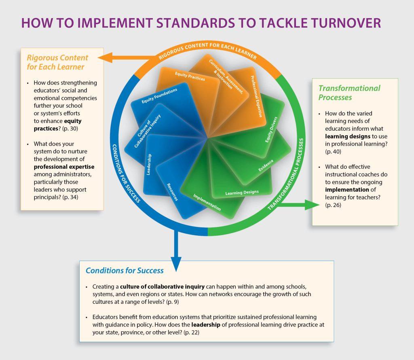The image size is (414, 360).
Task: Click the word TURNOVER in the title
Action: point(346,23)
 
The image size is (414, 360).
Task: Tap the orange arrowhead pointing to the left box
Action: point(105,57)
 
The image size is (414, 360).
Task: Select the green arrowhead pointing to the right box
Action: point(312,205)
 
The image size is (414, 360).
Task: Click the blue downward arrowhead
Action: point(176,264)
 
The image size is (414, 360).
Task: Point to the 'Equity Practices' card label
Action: point(190,76)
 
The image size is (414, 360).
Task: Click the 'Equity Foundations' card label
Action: point(159,96)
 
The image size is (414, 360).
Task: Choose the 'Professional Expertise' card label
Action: point(256,96)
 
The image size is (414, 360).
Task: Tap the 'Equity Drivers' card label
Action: point(271,129)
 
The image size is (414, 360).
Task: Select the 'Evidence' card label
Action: point(266,165)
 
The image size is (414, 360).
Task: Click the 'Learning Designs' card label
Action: point(242,193)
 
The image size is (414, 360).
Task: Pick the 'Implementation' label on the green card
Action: point(207,202)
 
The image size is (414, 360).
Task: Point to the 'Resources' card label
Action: point(172,192)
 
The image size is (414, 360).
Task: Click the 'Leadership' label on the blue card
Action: point(149,164)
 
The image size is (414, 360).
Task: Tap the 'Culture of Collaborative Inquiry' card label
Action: point(147,131)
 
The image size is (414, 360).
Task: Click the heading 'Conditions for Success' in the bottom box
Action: point(125,271)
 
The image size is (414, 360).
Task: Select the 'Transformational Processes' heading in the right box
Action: point(349,93)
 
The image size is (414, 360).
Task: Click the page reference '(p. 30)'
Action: point(70,129)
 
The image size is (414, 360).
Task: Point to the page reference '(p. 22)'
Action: point(191,332)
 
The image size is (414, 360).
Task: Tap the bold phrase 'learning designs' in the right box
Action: point(348,136)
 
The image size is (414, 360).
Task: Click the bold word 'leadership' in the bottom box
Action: point(206,325)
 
